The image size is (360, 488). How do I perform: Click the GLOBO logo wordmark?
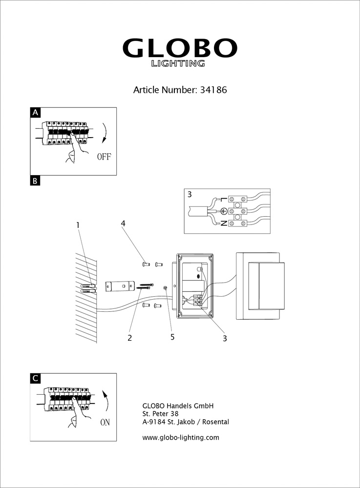[x=179, y=48]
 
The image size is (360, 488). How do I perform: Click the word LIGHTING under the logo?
[x=178, y=63]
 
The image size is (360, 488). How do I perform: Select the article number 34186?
[x=214, y=90]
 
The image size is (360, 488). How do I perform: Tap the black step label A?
[x=35, y=113]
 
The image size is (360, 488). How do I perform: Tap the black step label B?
[x=35, y=181]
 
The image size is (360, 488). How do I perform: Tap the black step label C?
[x=35, y=379]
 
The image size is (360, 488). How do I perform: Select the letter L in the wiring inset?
[x=223, y=200]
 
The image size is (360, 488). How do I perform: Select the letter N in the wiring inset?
[x=223, y=224]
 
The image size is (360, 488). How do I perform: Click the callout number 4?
[x=124, y=224]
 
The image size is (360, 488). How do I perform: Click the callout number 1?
[x=78, y=225]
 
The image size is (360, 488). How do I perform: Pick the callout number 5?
[x=172, y=337]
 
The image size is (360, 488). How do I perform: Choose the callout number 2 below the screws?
[x=130, y=337]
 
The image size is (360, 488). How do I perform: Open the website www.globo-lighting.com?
[x=180, y=438]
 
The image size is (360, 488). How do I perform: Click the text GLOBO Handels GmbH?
[x=178, y=406]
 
